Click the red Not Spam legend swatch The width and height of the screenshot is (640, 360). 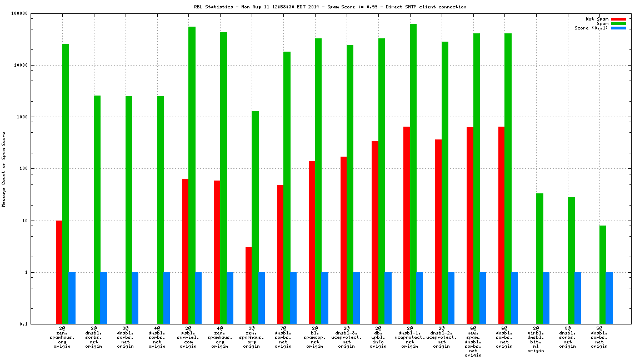click(618, 19)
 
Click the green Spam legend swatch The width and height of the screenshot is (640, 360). click(618, 23)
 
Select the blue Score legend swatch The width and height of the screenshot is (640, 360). click(618, 28)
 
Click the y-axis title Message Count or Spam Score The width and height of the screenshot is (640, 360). click(4, 169)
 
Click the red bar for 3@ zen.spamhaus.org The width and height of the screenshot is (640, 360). click(249, 286)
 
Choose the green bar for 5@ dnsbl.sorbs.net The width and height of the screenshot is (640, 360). click(603, 274)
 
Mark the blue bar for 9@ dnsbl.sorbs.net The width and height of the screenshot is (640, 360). click(578, 298)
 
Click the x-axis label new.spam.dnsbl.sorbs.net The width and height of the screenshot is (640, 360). click(473, 342)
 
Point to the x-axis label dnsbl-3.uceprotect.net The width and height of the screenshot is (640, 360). click(347, 337)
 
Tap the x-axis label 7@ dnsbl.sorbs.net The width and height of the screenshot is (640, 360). click(283, 337)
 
